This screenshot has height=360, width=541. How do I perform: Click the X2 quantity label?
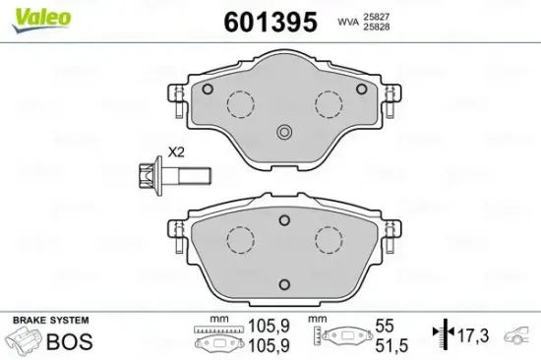click(177, 152)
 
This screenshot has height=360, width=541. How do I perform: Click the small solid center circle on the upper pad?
click(284, 134)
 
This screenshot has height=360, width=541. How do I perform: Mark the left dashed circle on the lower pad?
click(239, 239)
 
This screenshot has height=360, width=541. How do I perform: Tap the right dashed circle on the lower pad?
click(328, 239)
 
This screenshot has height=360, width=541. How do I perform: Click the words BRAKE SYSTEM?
click(48, 320)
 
